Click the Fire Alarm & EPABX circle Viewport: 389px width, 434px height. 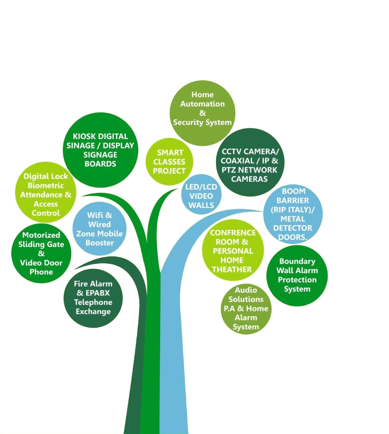pos(93,298)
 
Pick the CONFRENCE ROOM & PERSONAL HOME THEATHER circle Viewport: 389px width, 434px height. pos(233,250)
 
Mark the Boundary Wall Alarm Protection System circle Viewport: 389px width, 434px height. pos(297,275)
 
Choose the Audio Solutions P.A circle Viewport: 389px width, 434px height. pos(246,309)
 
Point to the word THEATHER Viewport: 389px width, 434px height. pos(232,269)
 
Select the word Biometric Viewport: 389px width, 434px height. pos(46,186)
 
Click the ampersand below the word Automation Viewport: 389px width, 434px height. pos(202,113)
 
